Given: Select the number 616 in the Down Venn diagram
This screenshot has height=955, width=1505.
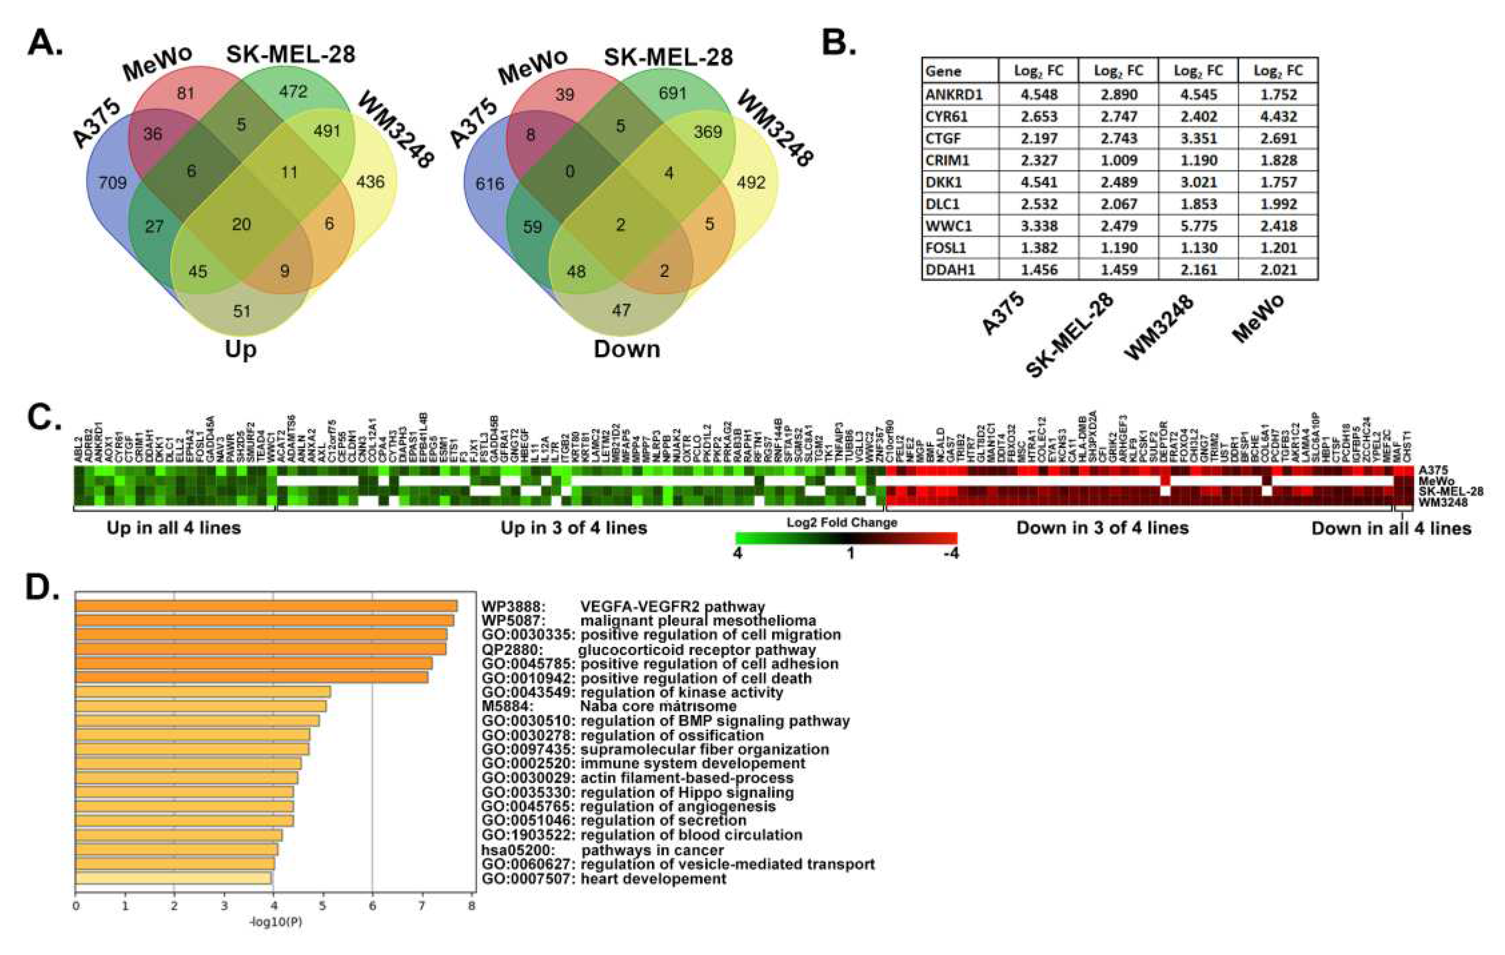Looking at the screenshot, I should pos(489,184).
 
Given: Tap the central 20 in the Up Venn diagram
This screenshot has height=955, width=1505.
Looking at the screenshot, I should pos(241,224).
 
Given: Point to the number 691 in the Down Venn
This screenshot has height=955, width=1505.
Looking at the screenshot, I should pos(672,94).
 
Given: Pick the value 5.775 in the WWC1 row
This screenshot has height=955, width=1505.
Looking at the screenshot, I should pos(1198,225).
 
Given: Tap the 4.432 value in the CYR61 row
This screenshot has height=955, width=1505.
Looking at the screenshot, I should pos(1278,116).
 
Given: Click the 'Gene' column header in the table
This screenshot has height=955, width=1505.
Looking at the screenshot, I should pos(943,71).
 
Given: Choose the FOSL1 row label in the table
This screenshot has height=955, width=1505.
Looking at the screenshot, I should pos(946,248).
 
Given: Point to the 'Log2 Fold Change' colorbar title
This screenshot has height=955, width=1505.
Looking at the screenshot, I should pos(841,522).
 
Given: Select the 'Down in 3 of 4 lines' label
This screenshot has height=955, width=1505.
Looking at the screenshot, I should pos(1102,528).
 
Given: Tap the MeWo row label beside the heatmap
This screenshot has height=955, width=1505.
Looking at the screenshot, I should pos(1433,481).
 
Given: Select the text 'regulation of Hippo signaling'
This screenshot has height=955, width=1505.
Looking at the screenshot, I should pos(687,793).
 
